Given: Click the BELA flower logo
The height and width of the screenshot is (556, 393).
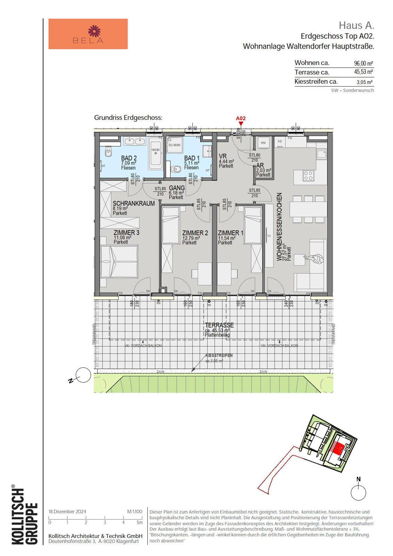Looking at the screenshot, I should [94, 31].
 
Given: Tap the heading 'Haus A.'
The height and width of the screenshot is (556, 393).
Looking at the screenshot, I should [356, 25].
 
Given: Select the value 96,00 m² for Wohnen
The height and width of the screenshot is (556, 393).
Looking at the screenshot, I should [363, 64].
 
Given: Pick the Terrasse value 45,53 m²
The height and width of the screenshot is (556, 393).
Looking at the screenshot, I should [363, 72].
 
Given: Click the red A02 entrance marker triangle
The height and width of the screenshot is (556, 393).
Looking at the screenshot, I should [241, 123].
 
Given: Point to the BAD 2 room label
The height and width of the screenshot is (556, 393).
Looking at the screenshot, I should [129, 158].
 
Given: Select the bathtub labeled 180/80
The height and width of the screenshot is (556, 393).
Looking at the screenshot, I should [155, 153].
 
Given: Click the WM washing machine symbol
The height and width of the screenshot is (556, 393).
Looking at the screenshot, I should [263, 143].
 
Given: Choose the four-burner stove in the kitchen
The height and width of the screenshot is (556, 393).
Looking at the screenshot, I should [308, 175].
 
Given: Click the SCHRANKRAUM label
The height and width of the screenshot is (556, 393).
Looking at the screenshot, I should [133, 204].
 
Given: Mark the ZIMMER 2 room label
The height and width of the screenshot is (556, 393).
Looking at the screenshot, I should [195, 233].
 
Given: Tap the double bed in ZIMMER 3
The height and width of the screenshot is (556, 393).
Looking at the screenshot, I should [119, 261].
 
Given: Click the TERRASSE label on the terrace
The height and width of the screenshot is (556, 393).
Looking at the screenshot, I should [219, 325].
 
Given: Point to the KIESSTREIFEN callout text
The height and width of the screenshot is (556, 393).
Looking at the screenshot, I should [219, 356].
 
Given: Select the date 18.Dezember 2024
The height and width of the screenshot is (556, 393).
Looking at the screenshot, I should [67, 512].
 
